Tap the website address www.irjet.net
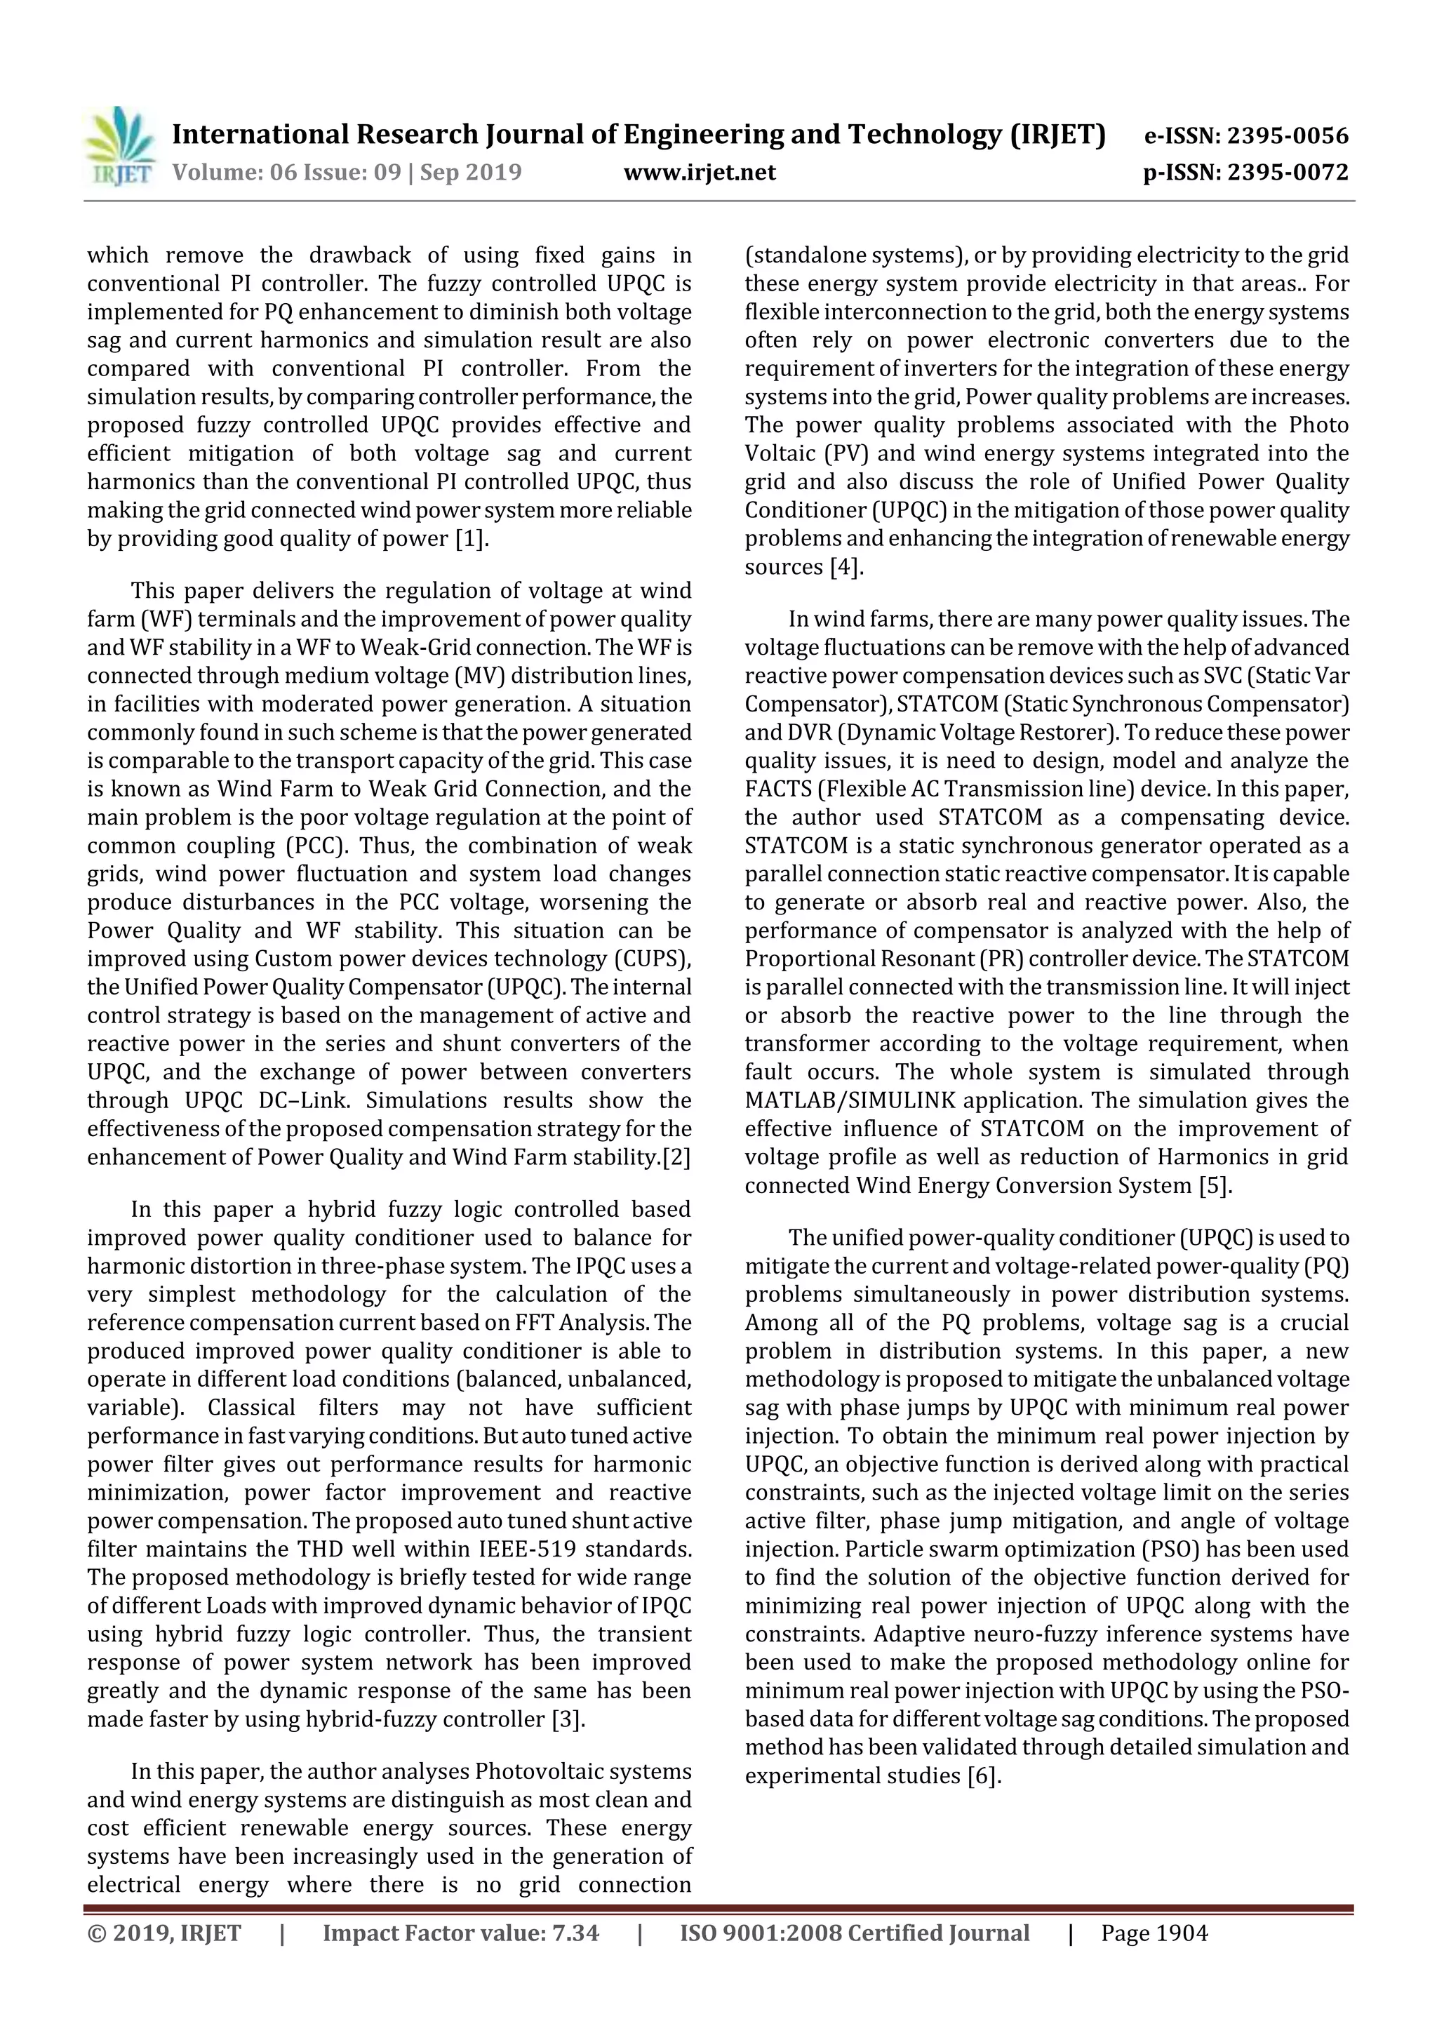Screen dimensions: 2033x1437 pyautogui.click(x=700, y=173)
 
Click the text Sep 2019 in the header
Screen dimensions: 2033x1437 pyautogui.click(x=470, y=173)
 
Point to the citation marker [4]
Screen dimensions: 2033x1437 pyautogui.click(x=846, y=568)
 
